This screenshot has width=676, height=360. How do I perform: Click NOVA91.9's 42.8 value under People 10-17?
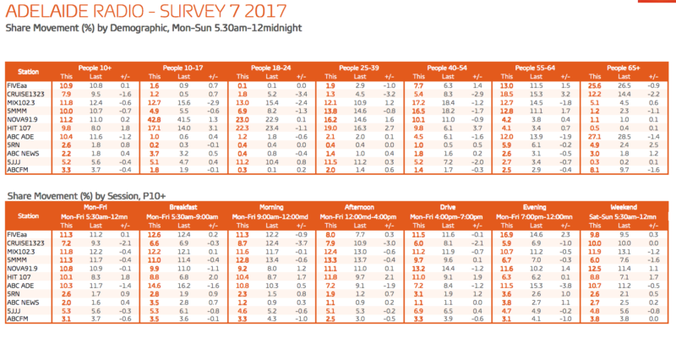click(x=155, y=120)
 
